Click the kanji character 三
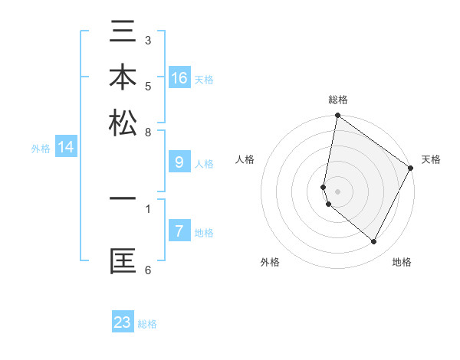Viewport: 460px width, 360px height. (x=123, y=34)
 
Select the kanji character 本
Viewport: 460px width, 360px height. (x=123, y=78)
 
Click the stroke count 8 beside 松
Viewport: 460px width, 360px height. (x=148, y=132)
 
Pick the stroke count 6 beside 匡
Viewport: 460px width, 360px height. (x=148, y=270)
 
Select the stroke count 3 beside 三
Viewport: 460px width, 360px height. (x=148, y=40)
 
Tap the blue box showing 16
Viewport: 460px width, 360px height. (x=179, y=77)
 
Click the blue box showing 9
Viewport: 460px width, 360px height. (x=179, y=162)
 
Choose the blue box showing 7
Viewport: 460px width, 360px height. (x=179, y=231)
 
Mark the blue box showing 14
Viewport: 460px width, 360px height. (x=66, y=147)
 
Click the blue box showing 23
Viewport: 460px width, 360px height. (x=123, y=322)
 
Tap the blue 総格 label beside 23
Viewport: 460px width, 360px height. (x=147, y=324)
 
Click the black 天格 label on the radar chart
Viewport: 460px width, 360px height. (x=431, y=159)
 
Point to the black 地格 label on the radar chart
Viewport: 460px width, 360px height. (x=402, y=262)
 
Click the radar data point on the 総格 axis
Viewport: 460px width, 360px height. (x=337, y=116)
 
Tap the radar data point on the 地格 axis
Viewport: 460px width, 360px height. (x=374, y=241)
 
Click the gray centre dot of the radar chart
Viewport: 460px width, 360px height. (x=337, y=191)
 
